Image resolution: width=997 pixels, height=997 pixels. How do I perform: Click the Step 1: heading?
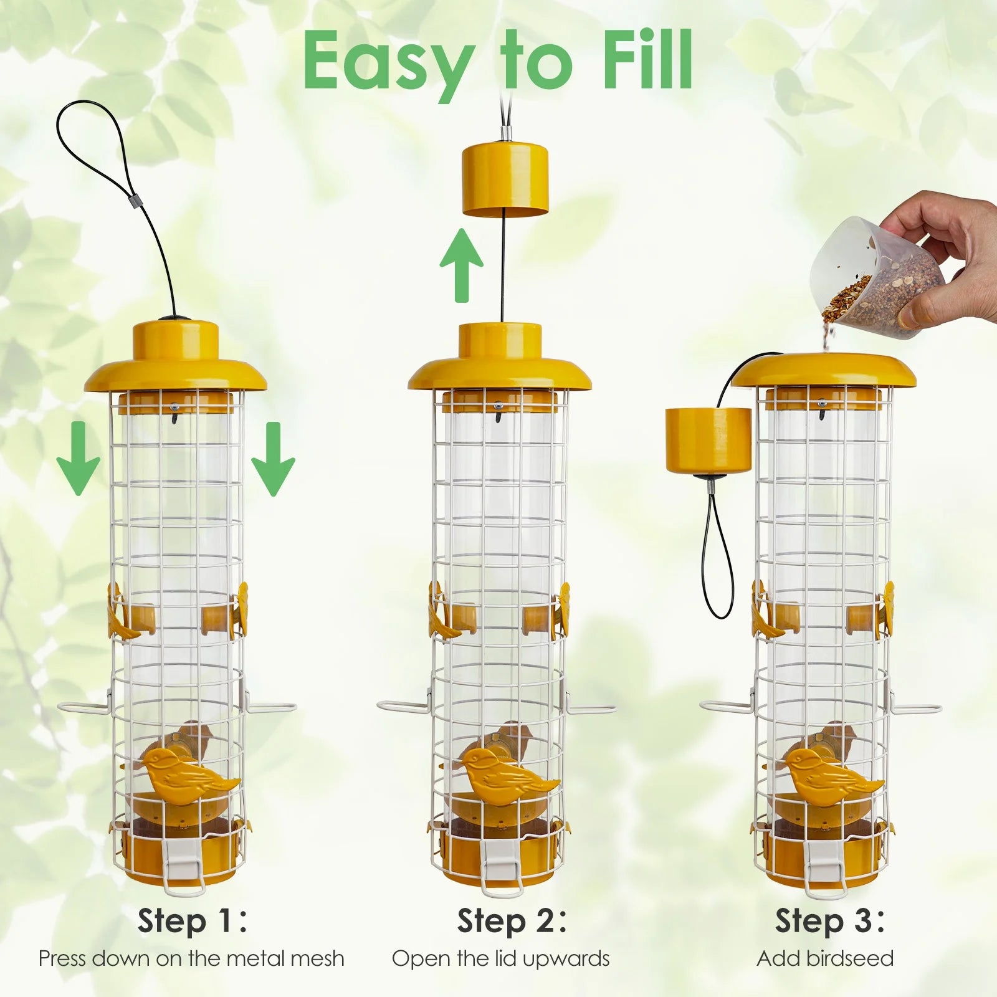coord(193,921)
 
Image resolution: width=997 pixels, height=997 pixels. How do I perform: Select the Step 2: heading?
coord(512,921)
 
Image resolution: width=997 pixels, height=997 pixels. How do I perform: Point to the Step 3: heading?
coord(829,921)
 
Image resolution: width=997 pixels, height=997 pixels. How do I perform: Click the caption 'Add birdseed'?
coord(825,958)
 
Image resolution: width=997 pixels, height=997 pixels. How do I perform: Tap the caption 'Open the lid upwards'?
coord(501,959)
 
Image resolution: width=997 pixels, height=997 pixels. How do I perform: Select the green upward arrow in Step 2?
coord(461,265)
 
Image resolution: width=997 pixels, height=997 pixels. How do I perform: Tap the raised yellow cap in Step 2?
coord(505,181)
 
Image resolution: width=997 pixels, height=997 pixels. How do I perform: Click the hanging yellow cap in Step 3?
coord(708,440)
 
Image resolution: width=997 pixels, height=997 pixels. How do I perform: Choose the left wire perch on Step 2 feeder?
coord(405,707)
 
